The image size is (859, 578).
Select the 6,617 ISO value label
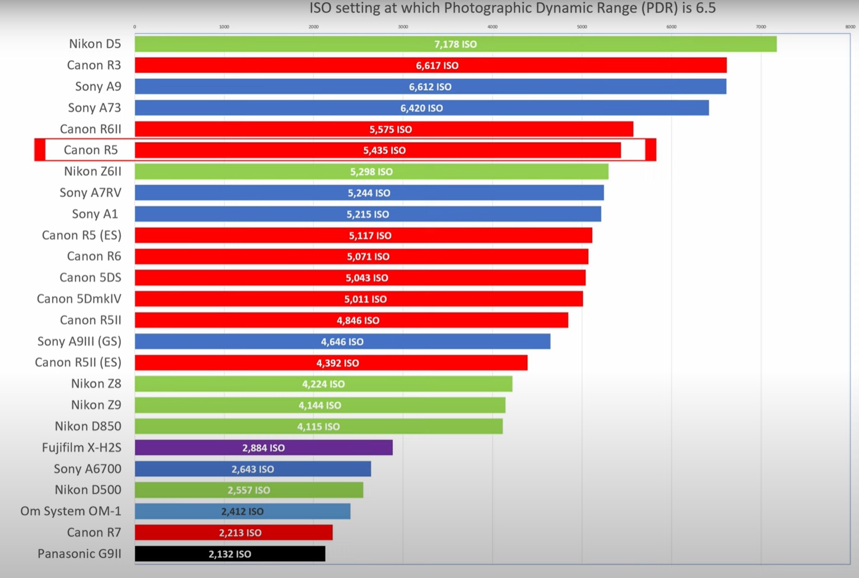click(437, 65)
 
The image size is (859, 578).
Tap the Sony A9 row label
click(98, 86)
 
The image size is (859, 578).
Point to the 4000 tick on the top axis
click(492, 27)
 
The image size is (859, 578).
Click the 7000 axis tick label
click(761, 27)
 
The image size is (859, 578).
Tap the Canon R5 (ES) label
click(81, 235)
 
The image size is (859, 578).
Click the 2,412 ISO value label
click(242, 511)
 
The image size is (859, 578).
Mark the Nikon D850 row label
click(88, 426)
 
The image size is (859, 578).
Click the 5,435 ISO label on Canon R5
click(384, 151)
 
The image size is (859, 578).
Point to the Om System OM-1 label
click(71, 511)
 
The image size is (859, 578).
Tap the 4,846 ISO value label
click(358, 321)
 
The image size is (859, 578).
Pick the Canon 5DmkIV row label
click(79, 299)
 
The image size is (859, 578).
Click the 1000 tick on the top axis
click(224, 27)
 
